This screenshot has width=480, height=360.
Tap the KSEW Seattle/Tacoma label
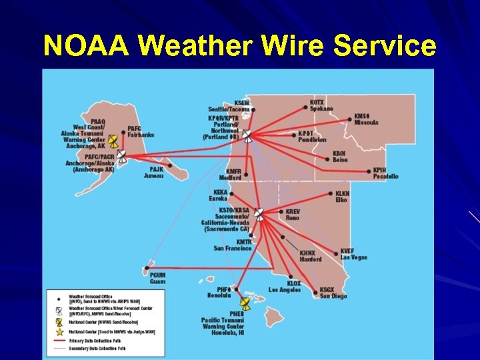click(230, 105)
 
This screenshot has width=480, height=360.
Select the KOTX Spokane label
click(321, 105)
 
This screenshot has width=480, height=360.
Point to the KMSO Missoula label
click(366, 119)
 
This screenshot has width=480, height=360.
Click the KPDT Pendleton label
click(312, 136)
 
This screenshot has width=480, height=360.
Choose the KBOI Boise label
click(340, 156)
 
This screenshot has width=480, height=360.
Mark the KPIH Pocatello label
click(385, 173)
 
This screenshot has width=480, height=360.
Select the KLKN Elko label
click(342, 197)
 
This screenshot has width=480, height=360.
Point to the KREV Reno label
click(293, 215)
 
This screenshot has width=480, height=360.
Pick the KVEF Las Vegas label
click(353, 254)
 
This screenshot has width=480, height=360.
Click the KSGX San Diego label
click(333, 293)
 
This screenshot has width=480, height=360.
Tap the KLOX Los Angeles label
click(285, 287)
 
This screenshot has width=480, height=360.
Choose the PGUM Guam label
click(157, 278)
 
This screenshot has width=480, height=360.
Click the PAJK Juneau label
click(153, 172)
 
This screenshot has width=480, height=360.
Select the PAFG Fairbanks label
click(141, 131)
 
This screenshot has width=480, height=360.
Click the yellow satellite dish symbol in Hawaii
click(245, 303)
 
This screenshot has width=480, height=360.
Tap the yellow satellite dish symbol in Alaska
click(113, 141)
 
